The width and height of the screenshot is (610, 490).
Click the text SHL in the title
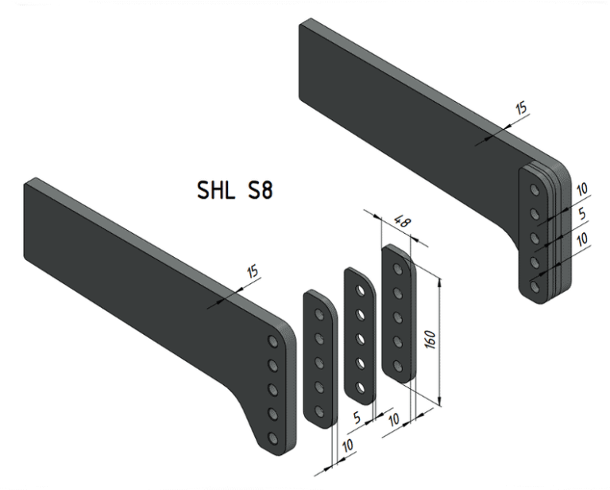coord(216,190)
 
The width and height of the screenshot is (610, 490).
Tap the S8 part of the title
coord(260,190)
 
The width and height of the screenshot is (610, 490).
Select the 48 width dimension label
coord(402,221)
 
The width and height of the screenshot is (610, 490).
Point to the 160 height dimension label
coord(430,339)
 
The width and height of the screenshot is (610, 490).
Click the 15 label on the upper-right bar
coord(522,107)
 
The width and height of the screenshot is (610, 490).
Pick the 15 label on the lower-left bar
coord(253,270)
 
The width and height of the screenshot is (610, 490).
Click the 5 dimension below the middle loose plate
coord(357,418)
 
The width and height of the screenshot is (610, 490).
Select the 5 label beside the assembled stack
coord(582,213)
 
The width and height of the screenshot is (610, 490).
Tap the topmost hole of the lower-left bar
coord(273,341)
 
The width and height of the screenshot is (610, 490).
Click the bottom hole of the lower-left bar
coord(273,438)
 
